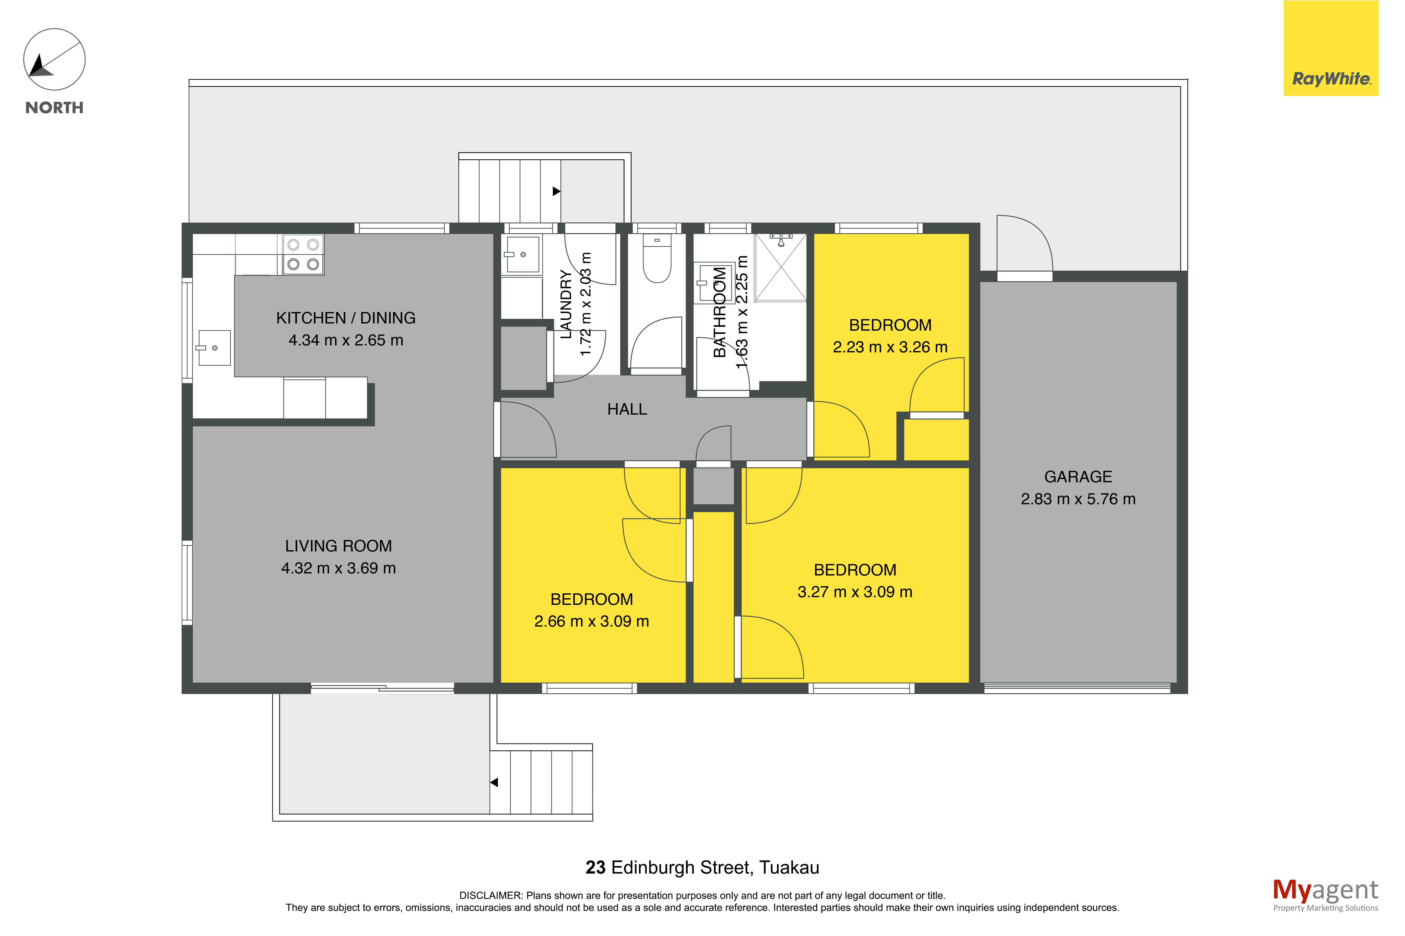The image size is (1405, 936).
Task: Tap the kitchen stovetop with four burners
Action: click(x=303, y=254)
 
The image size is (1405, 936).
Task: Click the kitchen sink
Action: click(x=214, y=347)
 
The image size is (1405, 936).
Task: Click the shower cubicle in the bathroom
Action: click(x=780, y=267)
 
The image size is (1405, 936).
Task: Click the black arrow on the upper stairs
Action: click(x=556, y=191)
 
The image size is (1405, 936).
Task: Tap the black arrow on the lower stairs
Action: click(x=494, y=782)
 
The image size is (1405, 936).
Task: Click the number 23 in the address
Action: click(x=595, y=867)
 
